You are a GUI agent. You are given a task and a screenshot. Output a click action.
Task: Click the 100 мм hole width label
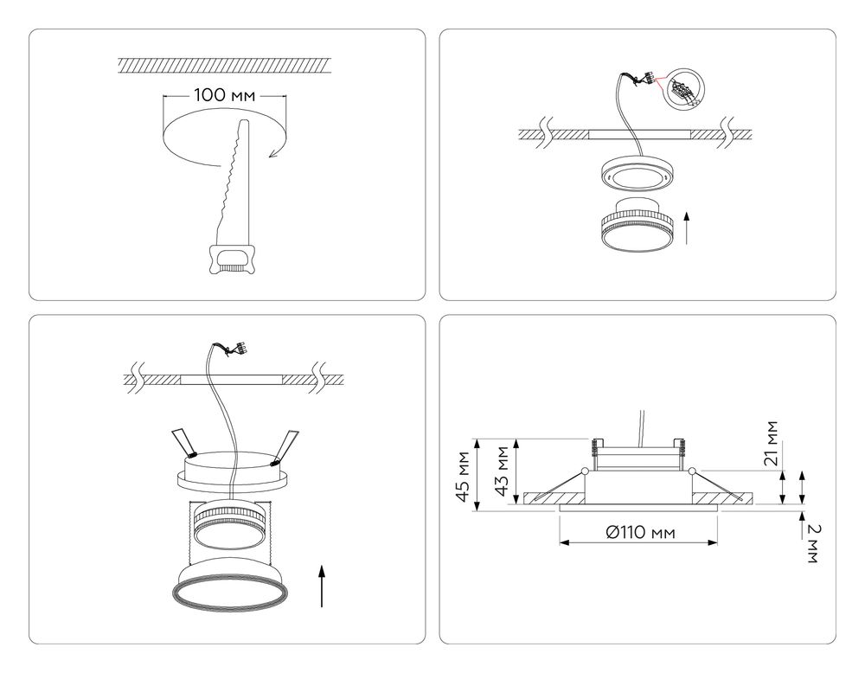pyautogui.click(x=225, y=95)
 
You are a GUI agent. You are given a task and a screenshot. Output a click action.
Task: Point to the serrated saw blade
pyautogui.click(x=232, y=182)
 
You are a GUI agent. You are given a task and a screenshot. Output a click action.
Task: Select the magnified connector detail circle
pyautogui.click(x=683, y=88)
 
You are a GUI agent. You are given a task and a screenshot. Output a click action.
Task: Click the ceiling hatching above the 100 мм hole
pyautogui.click(x=224, y=65)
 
